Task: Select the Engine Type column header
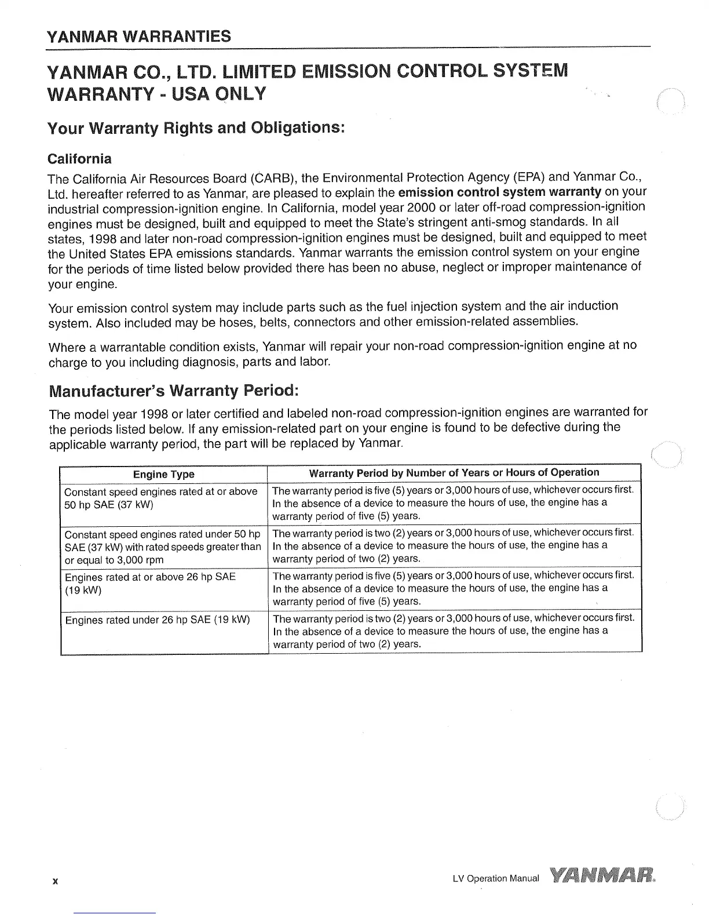pos(163,475)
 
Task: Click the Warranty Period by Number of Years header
pos(454,472)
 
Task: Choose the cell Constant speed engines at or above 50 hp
pos(161,498)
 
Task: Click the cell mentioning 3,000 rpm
pos(163,547)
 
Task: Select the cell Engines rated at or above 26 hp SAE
pos(151,584)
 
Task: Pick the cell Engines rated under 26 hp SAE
pos(158,620)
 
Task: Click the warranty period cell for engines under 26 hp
pos(454,631)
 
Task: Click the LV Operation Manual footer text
pos(495,878)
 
